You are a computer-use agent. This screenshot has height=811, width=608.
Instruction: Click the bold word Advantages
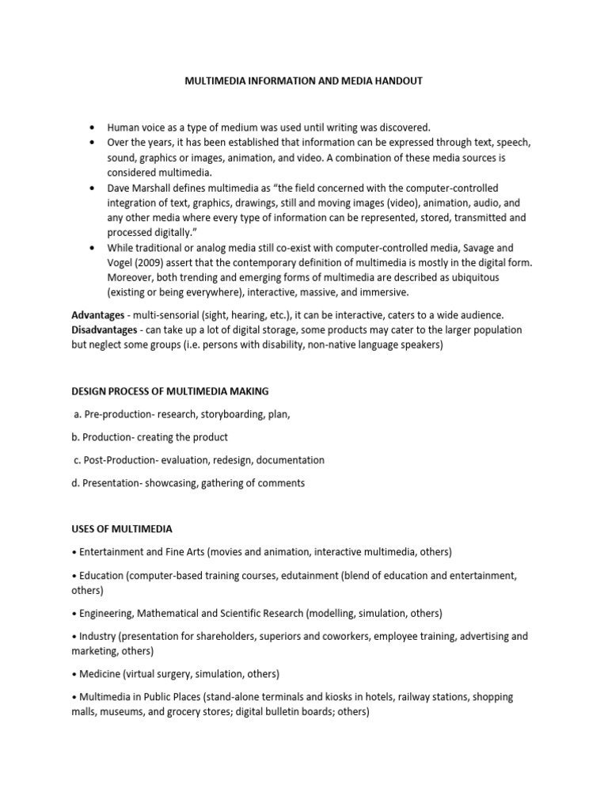(98, 315)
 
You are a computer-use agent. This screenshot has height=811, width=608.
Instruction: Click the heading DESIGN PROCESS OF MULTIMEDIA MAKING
(170, 391)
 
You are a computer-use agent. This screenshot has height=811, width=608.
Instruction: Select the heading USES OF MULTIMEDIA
(121, 528)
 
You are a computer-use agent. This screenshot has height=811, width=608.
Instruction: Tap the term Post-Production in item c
(116, 460)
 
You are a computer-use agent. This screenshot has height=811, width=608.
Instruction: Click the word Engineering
(108, 613)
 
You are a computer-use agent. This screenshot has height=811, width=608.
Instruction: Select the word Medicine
(101, 674)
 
